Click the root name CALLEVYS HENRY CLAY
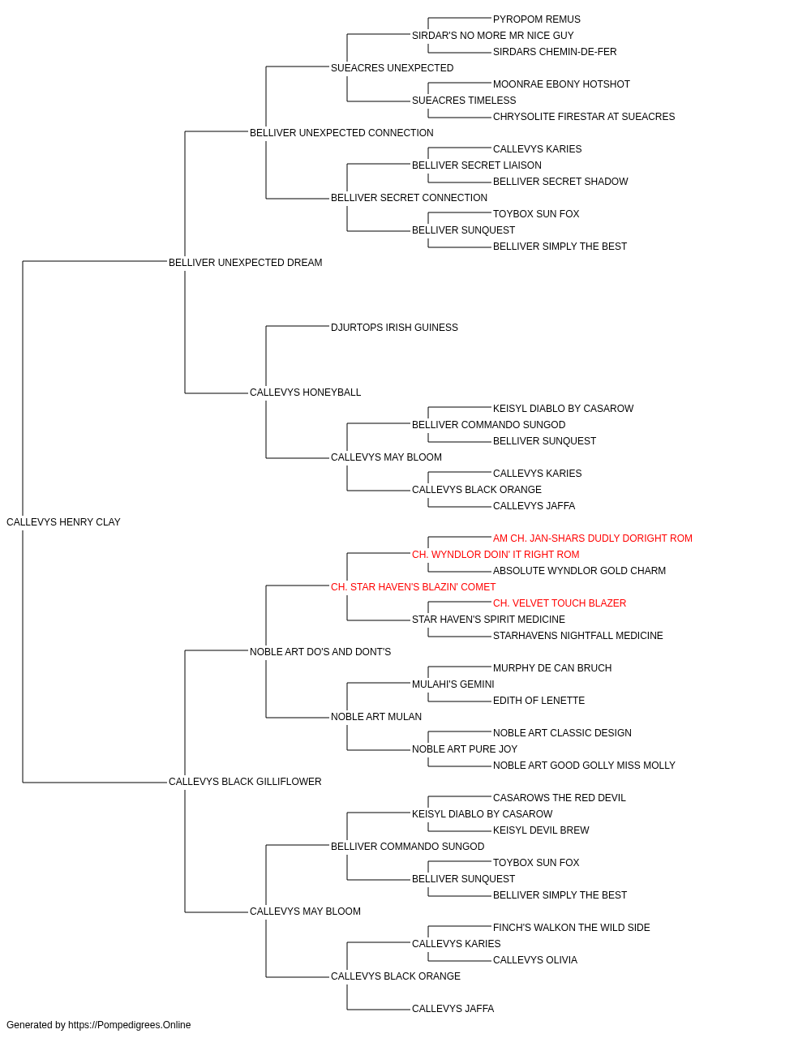click(x=63, y=522)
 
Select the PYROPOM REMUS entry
click(x=536, y=19)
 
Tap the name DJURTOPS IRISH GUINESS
click(x=394, y=327)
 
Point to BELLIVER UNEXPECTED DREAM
click(x=245, y=262)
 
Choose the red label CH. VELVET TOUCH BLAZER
click(x=560, y=603)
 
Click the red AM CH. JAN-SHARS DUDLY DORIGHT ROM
click(x=592, y=538)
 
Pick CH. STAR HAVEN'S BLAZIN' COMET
click(x=413, y=586)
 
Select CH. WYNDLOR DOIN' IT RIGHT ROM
click(x=496, y=554)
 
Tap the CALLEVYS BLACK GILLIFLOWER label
click(x=245, y=782)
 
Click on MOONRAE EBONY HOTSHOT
click(x=561, y=84)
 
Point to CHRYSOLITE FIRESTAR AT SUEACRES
click(x=584, y=117)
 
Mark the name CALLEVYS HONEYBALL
click(x=305, y=392)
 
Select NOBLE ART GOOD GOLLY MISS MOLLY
click(x=584, y=766)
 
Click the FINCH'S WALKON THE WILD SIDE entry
click(x=571, y=928)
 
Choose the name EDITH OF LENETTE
click(x=539, y=701)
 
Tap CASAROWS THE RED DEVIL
click(x=559, y=798)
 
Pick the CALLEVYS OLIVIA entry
click(x=535, y=960)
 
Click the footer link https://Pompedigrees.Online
click(x=129, y=1025)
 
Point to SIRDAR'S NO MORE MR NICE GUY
click(x=492, y=36)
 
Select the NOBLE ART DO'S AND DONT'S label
click(x=320, y=651)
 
